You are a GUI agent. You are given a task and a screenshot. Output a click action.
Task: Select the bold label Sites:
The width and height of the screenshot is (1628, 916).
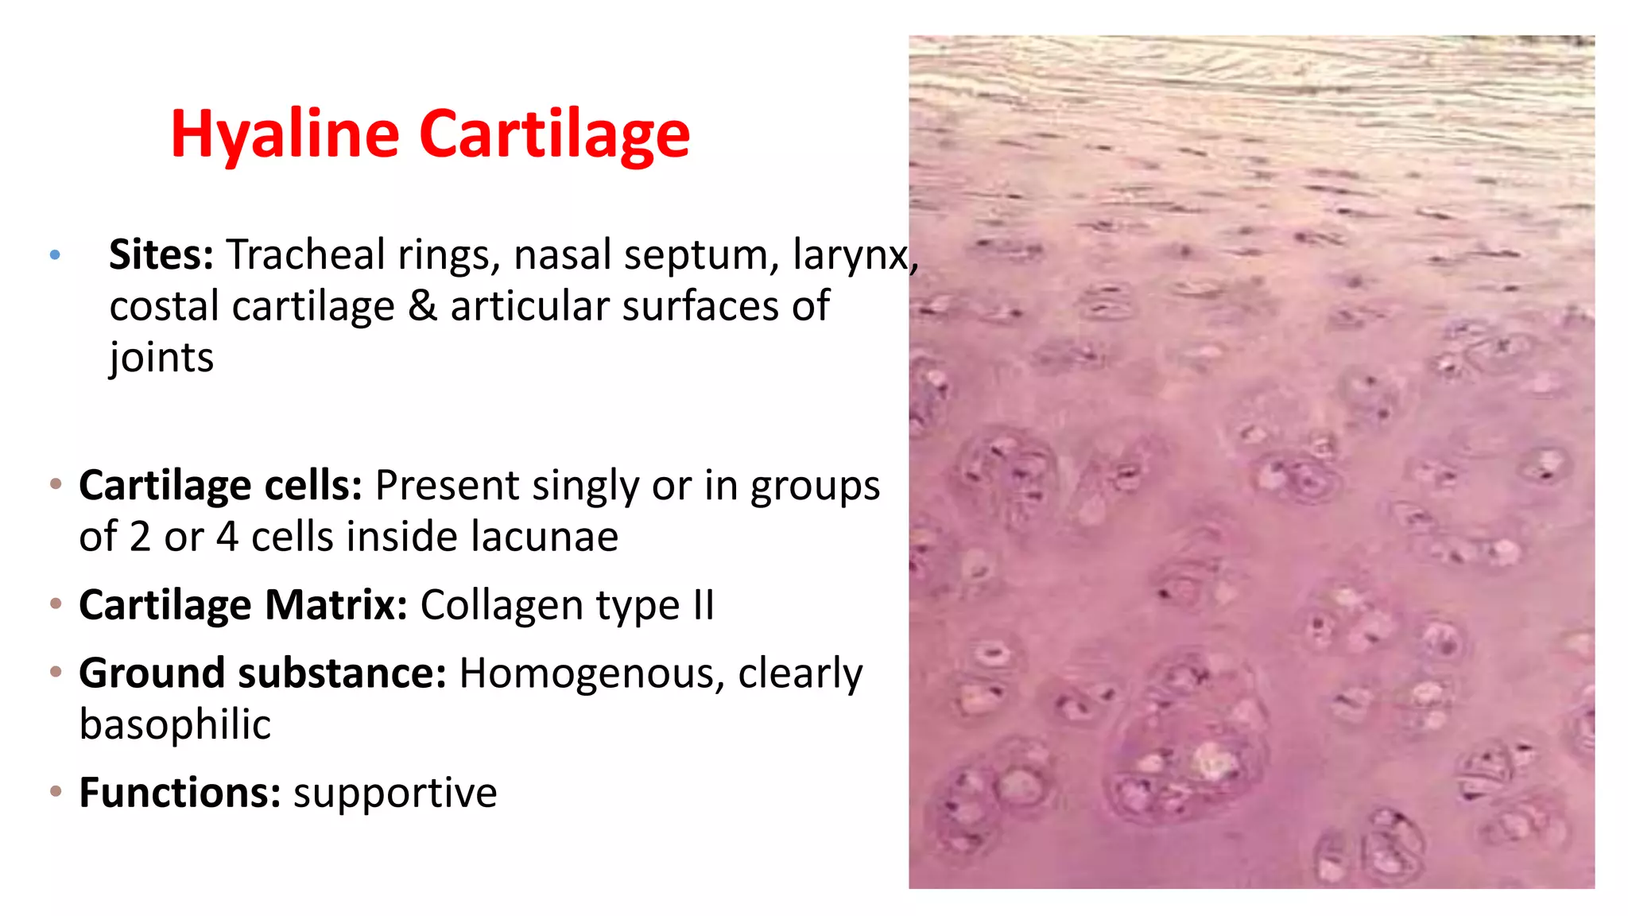(161, 255)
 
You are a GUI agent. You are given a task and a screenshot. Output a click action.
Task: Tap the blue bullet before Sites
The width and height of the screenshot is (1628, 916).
(55, 255)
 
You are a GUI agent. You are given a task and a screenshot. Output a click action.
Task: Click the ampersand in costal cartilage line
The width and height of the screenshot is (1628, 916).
(422, 307)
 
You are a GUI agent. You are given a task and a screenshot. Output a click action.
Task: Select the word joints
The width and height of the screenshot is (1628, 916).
(162, 359)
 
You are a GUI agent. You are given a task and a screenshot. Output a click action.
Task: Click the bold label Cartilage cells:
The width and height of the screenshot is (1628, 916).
(221, 486)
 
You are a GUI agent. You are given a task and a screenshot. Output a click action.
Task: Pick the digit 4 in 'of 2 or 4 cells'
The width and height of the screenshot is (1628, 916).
(227, 537)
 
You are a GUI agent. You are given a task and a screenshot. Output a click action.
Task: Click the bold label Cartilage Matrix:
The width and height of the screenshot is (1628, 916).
(243, 605)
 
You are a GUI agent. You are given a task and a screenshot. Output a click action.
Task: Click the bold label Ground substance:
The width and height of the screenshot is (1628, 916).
(262, 673)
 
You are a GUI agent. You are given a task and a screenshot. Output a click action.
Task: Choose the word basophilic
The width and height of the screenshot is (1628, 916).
(175, 724)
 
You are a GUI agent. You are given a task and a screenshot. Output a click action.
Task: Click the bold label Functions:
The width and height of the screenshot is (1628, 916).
(180, 793)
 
